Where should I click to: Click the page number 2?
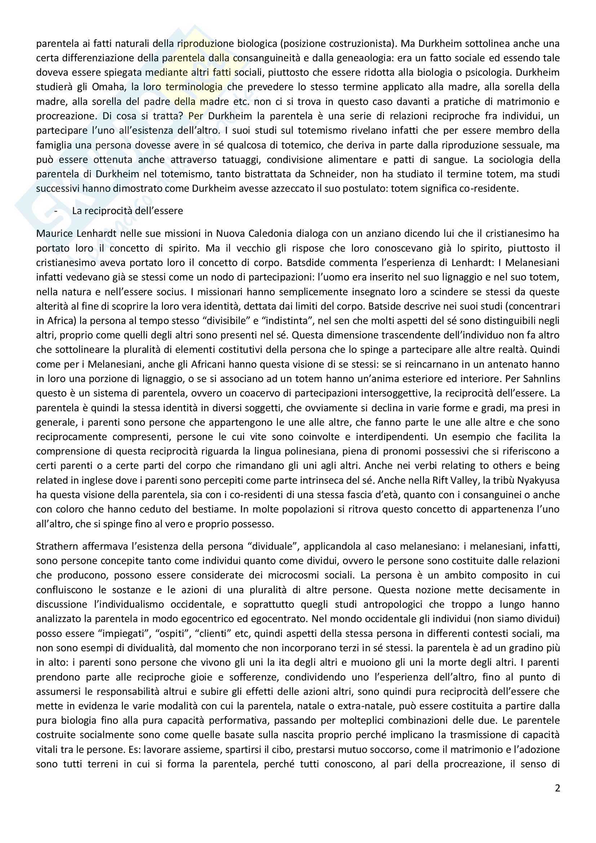coord(557,788)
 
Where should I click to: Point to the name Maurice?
coord(55,234)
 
